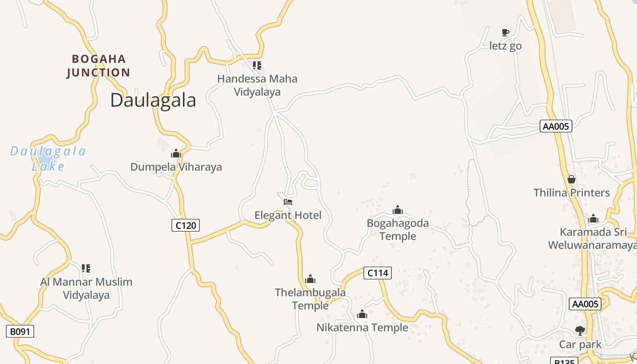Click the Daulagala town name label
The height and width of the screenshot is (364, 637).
pyautogui.click(x=153, y=100)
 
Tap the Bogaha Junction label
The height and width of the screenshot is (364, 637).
pyautogui.click(x=98, y=66)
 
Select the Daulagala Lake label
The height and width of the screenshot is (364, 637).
pyautogui.click(x=48, y=158)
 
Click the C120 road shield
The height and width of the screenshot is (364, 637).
pyautogui.click(x=186, y=225)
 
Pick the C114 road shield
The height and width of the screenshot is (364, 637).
pyautogui.click(x=378, y=273)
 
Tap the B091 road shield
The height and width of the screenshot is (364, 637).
pyautogui.click(x=20, y=331)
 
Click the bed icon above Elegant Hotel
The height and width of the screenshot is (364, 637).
pyautogui.click(x=288, y=202)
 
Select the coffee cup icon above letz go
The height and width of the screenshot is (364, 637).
pyautogui.click(x=505, y=32)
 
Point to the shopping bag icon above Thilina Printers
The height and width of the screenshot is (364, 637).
pyautogui.click(x=571, y=179)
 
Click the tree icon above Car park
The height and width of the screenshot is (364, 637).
pyautogui.click(x=580, y=330)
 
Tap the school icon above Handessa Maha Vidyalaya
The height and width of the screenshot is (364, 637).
pyautogui.click(x=257, y=66)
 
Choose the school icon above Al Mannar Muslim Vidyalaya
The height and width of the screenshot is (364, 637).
pyautogui.click(x=86, y=268)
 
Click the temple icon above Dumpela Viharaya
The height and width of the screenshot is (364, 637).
pyautogui.click(x=176, y=154)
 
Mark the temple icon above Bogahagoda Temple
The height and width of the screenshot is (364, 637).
pyautogui.click(x=398, y=210)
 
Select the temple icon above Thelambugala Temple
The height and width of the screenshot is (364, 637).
pyautogui.click(x=310, y=279)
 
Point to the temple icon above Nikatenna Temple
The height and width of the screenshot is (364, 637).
pyautogui.click(x=362, y=314)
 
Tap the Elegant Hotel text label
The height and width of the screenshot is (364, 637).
pyautogui.click(x=288, y=215)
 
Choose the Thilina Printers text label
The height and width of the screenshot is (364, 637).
pyautogui.click(x=571, y=192)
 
